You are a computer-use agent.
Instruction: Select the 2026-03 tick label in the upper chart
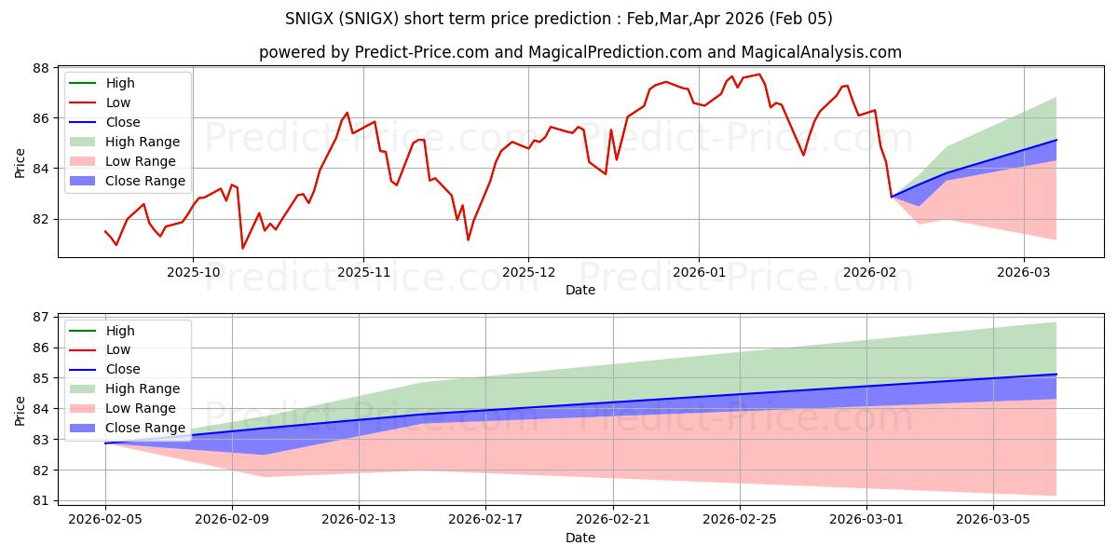coord(1024,271)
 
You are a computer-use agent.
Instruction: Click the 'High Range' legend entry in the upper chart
coord(142,142)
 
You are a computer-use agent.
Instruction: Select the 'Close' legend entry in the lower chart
coord(122,370)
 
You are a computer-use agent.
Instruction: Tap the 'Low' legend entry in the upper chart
coord(118,102)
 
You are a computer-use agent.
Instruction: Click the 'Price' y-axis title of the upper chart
coord(20,162)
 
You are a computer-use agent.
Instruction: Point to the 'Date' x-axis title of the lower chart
coord(579,538)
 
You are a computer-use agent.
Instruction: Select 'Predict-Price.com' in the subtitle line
coord(422,52)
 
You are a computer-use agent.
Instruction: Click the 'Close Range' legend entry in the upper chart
coord(145,181)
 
